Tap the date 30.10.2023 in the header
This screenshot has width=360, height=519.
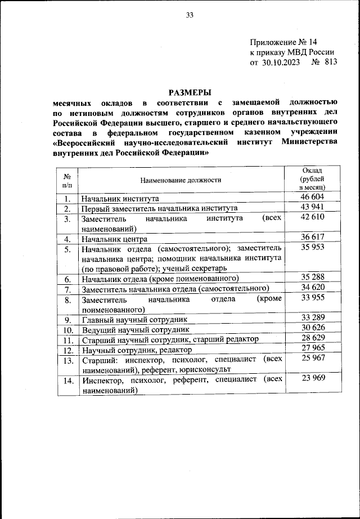(x=282, y=63)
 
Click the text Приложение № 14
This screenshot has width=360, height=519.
(x=283, y=42)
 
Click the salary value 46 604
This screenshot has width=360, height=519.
(x=313, y=197)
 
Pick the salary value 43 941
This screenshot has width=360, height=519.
(x=313, y=207)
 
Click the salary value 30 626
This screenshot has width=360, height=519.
(x=313, y=329)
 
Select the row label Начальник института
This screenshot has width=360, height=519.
(x=121, y=199)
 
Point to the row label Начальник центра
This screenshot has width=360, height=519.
(x=115, y=239)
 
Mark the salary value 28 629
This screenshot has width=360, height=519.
(x=313, y=338)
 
